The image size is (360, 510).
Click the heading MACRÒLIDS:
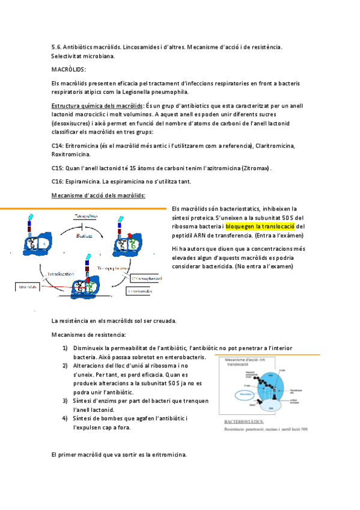pos(69,70)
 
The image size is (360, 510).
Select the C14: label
pos(59,146)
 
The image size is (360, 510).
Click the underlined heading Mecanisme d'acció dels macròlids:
pos(98,195)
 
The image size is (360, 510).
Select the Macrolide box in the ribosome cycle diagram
pos(28,287)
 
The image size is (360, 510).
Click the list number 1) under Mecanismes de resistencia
pos(65,348)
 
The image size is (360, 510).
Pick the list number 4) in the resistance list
pos(65,419)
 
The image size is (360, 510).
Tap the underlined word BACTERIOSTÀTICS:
pos(245,423)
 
